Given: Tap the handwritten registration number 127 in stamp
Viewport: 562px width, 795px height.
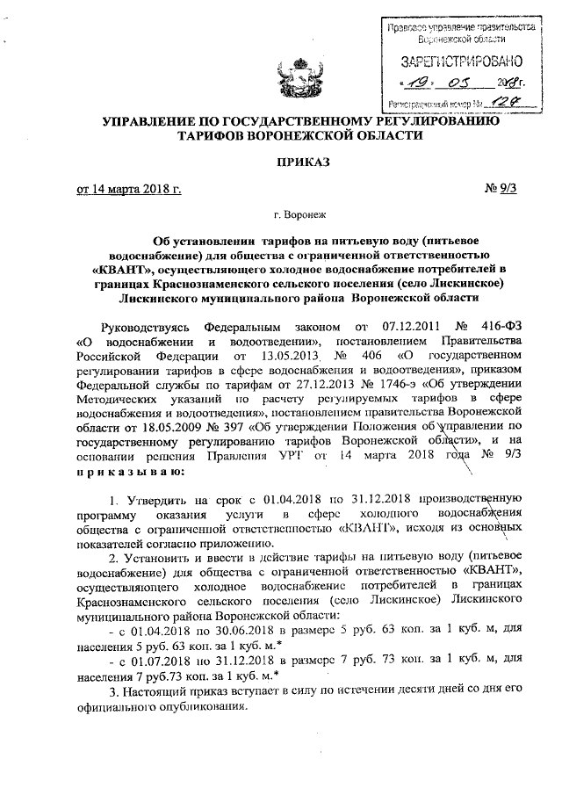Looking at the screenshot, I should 499,102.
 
